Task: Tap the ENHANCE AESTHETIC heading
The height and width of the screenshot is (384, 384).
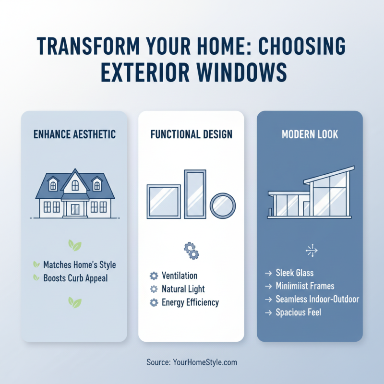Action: pos(74,134)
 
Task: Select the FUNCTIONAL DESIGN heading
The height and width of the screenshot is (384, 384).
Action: pos(191,134)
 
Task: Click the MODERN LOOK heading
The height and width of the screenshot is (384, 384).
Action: pos(310,134)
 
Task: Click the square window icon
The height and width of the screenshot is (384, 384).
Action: pos(164,201)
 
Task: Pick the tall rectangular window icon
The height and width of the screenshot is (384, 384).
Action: pos(195,193)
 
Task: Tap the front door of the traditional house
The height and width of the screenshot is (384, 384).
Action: pos(75,209)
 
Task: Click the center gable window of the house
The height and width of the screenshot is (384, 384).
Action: pos(75,184)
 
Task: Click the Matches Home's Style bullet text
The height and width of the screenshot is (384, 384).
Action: pos(79,264)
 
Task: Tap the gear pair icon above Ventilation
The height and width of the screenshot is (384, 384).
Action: pos(191,250)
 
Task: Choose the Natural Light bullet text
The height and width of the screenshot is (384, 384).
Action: pos(183,289)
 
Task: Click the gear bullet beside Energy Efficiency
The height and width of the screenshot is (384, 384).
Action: pos(154,302)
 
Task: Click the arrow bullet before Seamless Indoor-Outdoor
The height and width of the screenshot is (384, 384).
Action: pos(268,299)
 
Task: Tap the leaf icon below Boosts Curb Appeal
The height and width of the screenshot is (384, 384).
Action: pos(74,302)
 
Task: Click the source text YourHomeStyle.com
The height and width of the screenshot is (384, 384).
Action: pos(204,362)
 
